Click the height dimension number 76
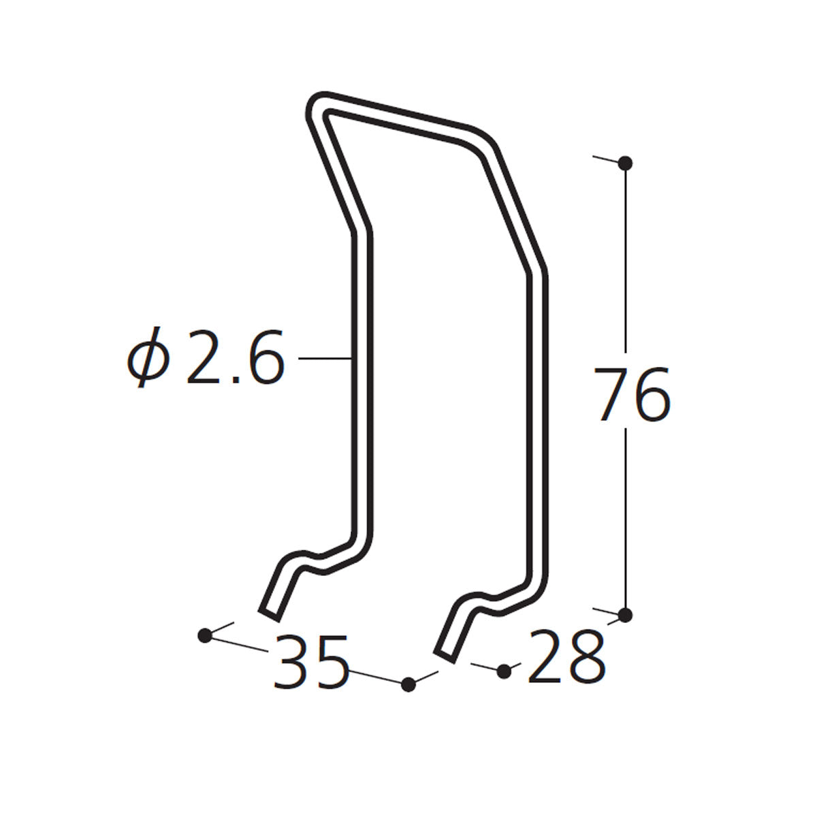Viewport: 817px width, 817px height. click(632, 394)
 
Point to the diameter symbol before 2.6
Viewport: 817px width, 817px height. click(148, 357)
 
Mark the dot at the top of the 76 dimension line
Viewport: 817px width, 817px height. click(626, 163)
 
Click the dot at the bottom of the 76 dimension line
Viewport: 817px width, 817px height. click(626, 626)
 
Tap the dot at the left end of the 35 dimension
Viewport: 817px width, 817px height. click(205, 647)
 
